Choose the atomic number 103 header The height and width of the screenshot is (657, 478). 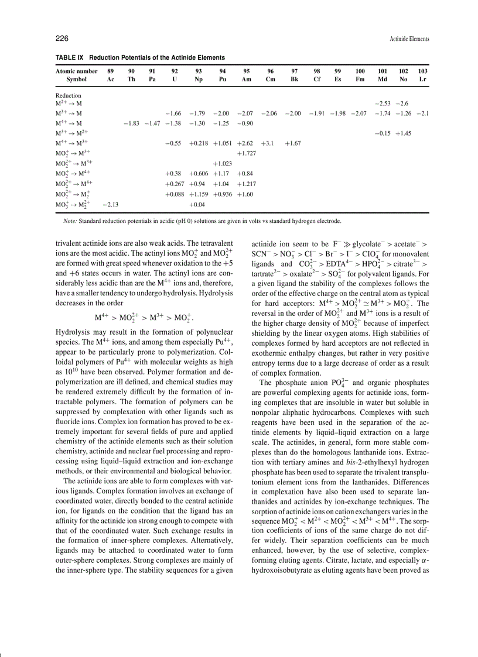pyautogui.click(x=422, y=71)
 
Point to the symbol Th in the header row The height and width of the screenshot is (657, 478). pyautogui.click(x=131, y=78)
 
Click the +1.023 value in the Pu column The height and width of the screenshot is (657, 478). pyautogui.click(x=222, y=163)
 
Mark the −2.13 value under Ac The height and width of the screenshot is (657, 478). pyautogui.click(x=110, y=204)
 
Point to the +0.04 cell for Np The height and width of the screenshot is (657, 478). pyautogui.click(x=198, y=204)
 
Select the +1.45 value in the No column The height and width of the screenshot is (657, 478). pyautogui.click(x=403, y=133)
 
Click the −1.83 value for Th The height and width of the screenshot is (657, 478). pyautogui.click(x=131, y=123)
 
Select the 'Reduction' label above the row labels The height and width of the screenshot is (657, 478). pyautogui.click(x=68, y=95)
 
